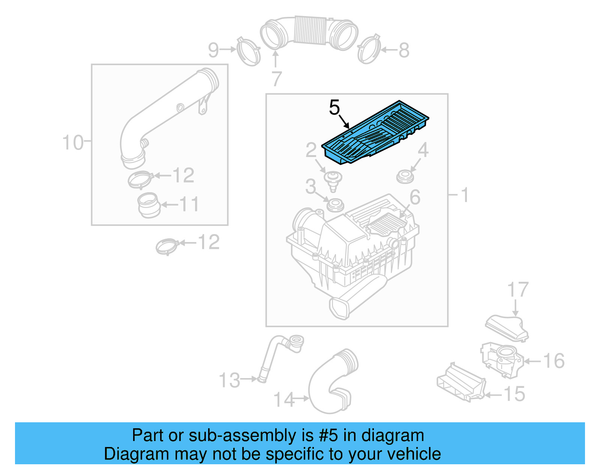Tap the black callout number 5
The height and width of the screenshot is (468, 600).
click(x=334, y=108)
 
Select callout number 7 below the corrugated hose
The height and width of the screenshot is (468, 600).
click(x=276, y=79)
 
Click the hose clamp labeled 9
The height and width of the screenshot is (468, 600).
click(x=249, y=52)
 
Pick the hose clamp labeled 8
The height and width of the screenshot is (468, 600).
click(x=369, y=49)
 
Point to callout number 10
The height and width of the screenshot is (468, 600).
click(x=73, y=143)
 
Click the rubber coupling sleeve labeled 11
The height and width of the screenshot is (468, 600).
click(x=149, y=205)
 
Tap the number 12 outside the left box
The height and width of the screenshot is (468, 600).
click(x=208, y=242)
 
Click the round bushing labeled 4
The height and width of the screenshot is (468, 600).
click(x=405, y=177)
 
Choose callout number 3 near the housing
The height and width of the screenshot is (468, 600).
click(x=310, y=187)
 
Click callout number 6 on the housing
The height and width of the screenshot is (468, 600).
click(x=415, y=197)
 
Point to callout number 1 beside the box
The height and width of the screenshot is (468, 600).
click(x=465, y=195)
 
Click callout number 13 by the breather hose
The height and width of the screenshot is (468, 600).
click(x=229, y=380)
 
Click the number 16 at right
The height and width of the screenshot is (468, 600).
click(x=554, y=361)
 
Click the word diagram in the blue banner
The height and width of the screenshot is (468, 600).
click(x=393, y=436)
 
